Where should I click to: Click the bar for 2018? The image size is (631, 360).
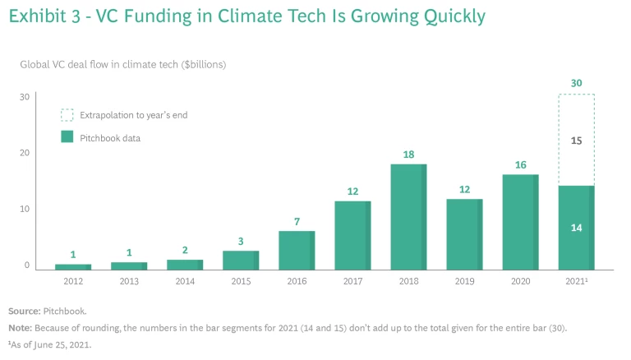[408, 217]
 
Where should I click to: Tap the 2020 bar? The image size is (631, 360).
[520, 222]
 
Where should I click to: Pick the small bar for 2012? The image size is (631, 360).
[73, 266]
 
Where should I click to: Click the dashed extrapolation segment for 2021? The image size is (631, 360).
[576, 140]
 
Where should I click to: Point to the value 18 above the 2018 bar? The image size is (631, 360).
[408, 155]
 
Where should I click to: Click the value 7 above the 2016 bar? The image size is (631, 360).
[297, 222]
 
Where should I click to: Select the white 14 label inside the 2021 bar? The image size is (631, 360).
[576, 228]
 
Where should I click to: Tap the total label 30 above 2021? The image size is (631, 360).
[576, 83]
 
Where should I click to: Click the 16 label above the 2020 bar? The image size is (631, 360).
[520, 165]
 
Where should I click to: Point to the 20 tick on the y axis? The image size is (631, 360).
[25, 153]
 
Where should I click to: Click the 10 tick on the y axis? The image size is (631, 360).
[25, 209]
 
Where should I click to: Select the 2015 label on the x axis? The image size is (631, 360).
[241, 281]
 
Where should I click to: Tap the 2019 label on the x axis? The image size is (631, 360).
[464, 281]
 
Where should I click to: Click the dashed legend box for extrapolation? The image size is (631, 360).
[67, 115]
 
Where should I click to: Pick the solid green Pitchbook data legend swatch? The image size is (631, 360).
[67, 137]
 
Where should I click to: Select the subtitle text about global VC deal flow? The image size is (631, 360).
[122, 63]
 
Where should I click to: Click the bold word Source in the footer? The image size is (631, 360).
[25, 312]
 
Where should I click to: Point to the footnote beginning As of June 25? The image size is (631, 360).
[50, 344]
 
